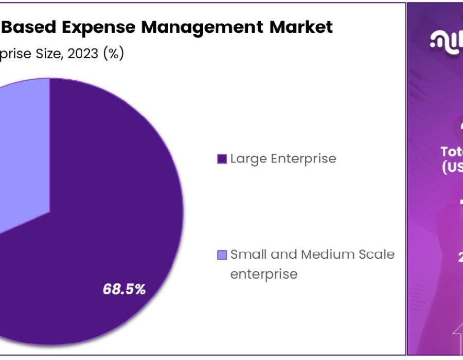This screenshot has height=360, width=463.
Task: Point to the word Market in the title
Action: pyautogui.click(x=304, y=27)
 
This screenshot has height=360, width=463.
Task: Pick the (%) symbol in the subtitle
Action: pyautogui.click(x=113, y=53)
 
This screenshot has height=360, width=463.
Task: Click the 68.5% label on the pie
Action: pyautogui.click(x=124, y=290)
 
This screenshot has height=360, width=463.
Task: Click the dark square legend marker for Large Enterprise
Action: pyautogui.click(x=222, y=159)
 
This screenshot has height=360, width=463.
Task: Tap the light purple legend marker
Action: pyautogui.click(x=222, y=255)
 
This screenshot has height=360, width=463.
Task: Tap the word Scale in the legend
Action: pyautogui.click(x=376, y=254)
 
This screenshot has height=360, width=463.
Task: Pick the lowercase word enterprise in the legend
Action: pyautogui.click(x=263, y=274)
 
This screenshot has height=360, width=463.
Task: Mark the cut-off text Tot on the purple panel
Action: pyautogui.click(x=452, y=151)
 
